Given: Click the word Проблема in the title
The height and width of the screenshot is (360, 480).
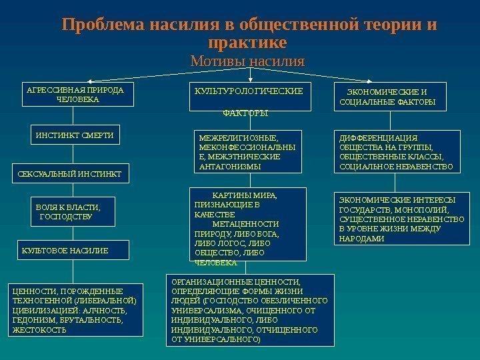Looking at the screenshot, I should pos(103,25).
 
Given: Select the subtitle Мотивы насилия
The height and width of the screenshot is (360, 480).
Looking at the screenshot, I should pos(247,61).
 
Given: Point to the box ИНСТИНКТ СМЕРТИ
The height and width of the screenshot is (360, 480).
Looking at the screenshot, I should pos(75,135).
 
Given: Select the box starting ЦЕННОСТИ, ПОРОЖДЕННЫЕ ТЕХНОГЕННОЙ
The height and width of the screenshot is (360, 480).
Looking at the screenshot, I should pos(77,310).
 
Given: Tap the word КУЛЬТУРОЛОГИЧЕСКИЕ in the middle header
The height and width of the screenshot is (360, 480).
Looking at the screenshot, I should pos(247,90).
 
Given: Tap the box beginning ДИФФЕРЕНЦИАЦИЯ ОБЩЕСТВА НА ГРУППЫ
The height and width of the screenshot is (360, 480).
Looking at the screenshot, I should pos(397,152).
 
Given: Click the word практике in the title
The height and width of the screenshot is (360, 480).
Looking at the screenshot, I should pos(247,43).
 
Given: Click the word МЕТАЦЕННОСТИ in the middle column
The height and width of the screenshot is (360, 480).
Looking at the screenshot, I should pos(250,224).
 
